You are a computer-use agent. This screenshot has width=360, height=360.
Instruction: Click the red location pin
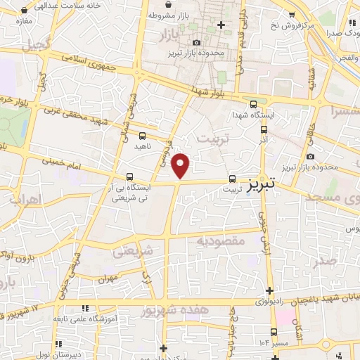click(181, 165)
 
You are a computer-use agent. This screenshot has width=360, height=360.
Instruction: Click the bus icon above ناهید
click(143, 136)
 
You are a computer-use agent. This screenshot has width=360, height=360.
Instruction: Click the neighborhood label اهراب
click(26, 200)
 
